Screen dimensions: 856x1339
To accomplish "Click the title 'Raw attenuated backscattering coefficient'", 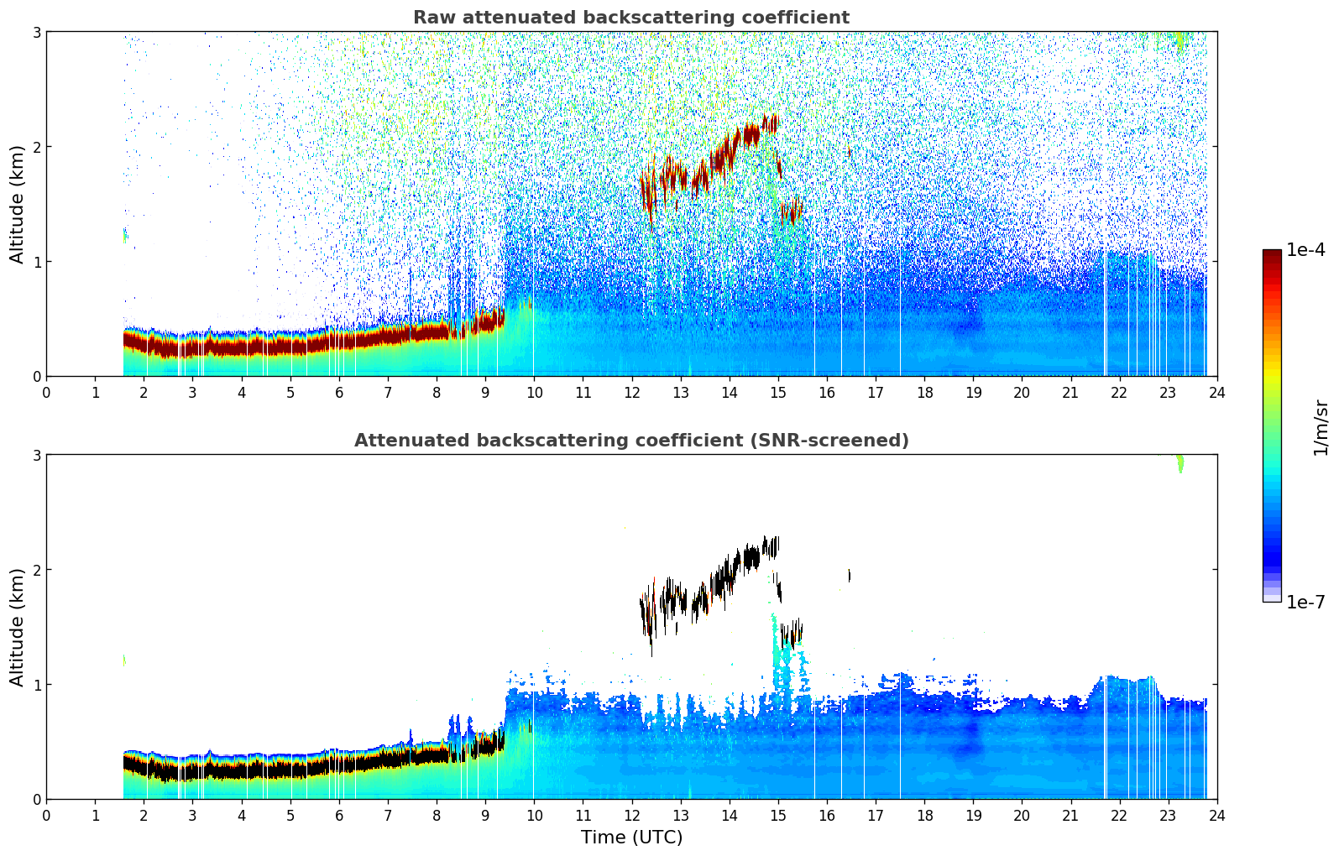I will click(630, 18).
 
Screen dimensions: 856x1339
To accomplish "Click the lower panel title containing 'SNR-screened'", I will click(630, 441).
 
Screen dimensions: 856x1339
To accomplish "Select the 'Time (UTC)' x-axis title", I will click(631, 838).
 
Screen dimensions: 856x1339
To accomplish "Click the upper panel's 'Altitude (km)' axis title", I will click(18, 204).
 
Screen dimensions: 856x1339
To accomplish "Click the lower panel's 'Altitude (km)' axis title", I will click(18, 627).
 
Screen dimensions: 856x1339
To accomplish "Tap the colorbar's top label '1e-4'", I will click(1305, 250).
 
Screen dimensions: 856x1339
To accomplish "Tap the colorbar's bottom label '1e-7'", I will click(1305, 603).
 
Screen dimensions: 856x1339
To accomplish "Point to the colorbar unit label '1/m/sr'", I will click(1321, 427).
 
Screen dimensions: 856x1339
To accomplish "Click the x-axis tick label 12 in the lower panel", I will click(631, 815).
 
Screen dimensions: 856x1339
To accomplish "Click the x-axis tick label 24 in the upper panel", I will click(1216, 392).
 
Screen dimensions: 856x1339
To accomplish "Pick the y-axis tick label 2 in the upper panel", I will click(36, 147).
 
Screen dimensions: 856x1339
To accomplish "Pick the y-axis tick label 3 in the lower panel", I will click(36, 455).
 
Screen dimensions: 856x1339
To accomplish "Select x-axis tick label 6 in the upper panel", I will click(339, 392).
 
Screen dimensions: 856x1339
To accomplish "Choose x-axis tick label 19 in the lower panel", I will click(973, 815).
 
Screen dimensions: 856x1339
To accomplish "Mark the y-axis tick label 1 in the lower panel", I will click(36, 685).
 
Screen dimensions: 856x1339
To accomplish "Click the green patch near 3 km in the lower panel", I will click(1179, 462).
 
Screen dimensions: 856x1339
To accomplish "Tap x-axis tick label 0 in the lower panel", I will click(46, 815).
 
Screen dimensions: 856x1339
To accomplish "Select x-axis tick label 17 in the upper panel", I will click(876, 392).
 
